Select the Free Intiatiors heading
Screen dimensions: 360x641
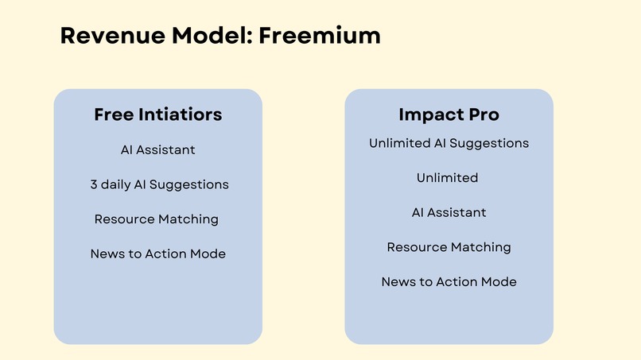point(157,114)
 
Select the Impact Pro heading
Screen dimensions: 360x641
point(449,114)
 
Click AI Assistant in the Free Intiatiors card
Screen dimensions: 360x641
point(157,149)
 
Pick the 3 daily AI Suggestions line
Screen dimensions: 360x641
point(159,184)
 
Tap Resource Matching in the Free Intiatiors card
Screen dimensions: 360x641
point(156,219)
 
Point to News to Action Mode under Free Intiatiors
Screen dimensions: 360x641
point(157,254)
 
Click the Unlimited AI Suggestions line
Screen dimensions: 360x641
point(449,143)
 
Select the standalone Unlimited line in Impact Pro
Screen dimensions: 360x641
point(447,178)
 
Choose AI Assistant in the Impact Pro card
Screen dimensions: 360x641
point(449,213)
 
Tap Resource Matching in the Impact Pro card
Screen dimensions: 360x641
point(449,247)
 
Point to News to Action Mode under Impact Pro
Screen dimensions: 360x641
point(449,282)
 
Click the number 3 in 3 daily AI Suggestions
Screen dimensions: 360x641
point(94,184)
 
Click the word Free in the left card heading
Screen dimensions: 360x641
point(113,114)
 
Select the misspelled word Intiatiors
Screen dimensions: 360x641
point(179,114)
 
